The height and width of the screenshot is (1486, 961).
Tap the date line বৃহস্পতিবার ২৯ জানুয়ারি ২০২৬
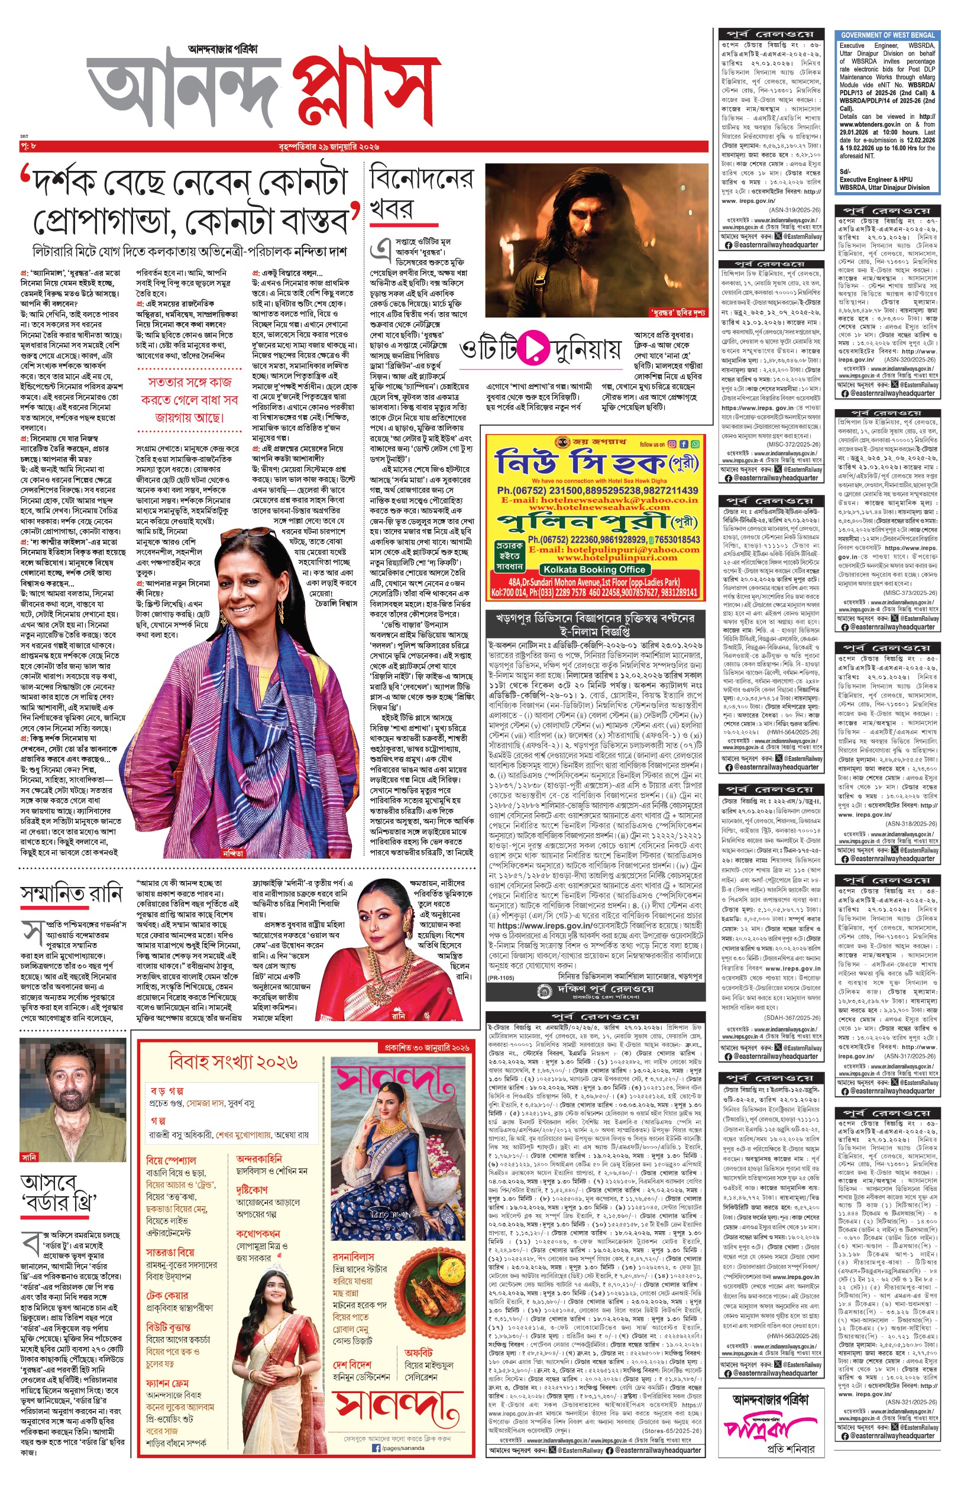click(329, 147)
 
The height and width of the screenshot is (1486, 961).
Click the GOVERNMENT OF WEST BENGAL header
click(887, 35)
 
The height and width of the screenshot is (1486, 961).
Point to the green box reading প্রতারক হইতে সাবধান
click(509, 556)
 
